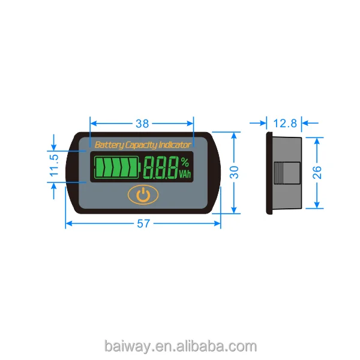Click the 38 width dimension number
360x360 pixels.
click(x=142, y=124)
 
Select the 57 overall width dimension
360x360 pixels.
click(x=143, y=223)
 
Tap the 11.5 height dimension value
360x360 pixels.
click(x=54, y=166)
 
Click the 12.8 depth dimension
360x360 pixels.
click(x=284, y=124)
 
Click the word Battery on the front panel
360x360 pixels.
click(x=110, y=145)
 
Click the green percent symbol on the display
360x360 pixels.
click(x=185, y=161)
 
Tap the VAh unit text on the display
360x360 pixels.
click(x=185, y=174)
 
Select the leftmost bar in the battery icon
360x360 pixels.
click(x=100, y=167)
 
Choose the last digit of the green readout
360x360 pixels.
click(x=172, y=167)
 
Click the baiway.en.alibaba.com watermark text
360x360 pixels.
click(x=180, y=346)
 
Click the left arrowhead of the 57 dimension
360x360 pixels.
click(x=68, y=223)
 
